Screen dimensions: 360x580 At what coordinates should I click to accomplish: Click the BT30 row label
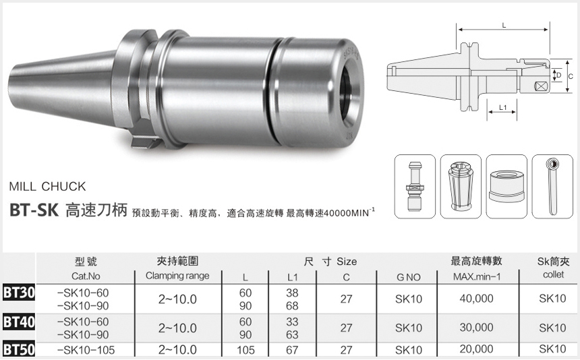pos(18,293)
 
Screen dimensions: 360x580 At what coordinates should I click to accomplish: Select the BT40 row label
pos(18,322)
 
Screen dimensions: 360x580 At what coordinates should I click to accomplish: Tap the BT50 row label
pos(18,350)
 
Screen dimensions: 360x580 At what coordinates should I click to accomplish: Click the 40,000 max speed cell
pos(476,299)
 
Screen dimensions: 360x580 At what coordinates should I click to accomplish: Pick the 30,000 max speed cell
pos(476,328)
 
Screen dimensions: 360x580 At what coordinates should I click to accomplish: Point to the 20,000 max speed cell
pos(476,350)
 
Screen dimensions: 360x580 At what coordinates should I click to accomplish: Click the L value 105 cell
pos(245,350)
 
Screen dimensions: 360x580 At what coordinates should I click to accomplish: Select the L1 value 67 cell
pos(293,350)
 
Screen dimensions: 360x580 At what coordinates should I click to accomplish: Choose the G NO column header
pos(409,276)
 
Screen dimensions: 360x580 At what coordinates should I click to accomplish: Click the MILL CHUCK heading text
pos(48,186)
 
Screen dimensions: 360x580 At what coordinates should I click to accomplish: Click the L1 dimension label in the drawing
pos(502,108)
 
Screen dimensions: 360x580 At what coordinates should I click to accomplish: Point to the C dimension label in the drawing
pos(570,76)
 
